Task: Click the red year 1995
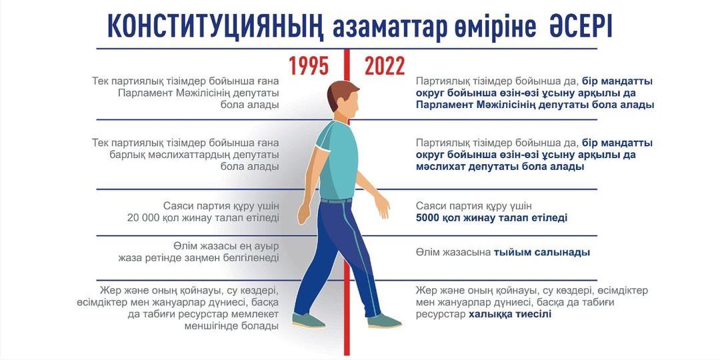(x=309, y=65)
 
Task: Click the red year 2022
(x=385, y=65)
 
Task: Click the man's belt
(x=336, y=201)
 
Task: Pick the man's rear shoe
(x=308, y=321)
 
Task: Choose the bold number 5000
(x=428, y=217)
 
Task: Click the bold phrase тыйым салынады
(x=542, y=253)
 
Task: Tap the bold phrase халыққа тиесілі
(x=510, y=315)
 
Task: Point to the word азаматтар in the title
(x=389, y=28)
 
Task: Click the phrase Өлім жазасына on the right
(x=453, y=253)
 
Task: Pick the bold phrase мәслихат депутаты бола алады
(x=500, y=167)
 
